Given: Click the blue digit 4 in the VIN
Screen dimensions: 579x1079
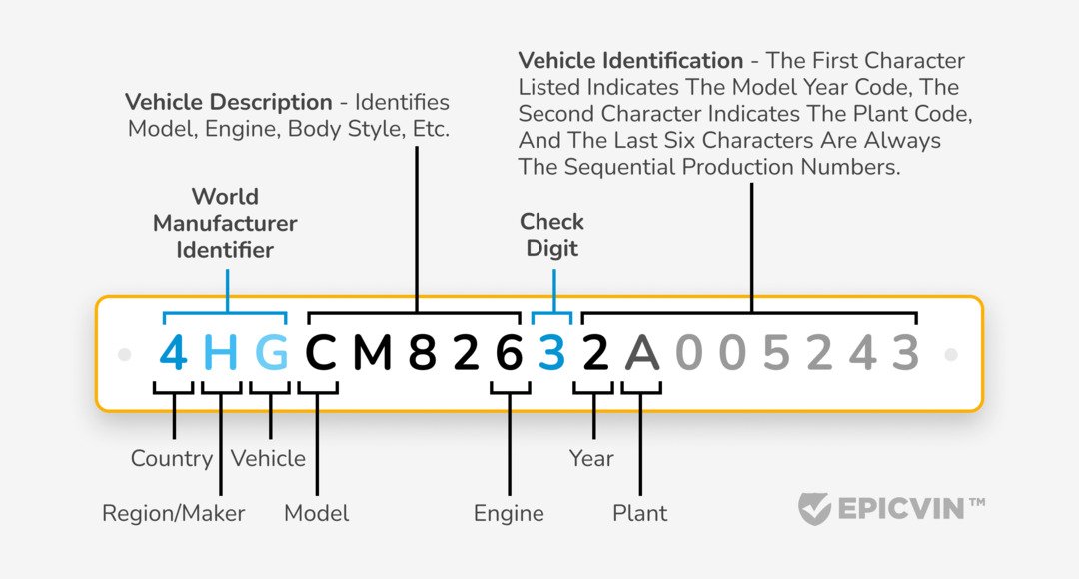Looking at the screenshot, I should coord(174,354).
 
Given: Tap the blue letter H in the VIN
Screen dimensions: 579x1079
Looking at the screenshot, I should coord(221,354).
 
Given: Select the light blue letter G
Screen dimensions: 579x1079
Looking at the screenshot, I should coord(270,354).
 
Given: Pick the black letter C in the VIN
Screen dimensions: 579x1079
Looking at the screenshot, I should coord(321,354).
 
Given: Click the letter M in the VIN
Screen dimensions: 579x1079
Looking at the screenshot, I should coord(372,354).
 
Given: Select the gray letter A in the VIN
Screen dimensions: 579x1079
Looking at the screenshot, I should coord(641,354).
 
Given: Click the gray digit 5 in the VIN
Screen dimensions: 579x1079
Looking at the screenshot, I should coord(775,354).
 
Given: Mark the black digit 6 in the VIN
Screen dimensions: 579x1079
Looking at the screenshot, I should coord(509,354).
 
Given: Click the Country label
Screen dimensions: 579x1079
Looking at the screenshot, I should coord(172,459).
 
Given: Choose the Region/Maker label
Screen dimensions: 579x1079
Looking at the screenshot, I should coord(174,514).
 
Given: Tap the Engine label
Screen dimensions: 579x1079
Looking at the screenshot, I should coord(509,514).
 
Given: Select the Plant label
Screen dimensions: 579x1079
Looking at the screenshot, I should coord(639,514).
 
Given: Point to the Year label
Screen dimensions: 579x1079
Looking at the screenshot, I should coord(591,459).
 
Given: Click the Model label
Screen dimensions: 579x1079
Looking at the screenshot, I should coord(317,514).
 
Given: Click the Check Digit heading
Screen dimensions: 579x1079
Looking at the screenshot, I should coord(551,235).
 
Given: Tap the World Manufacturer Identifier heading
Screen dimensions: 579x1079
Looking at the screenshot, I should coord(225,223).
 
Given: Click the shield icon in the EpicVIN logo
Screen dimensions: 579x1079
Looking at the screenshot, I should coord(815,508).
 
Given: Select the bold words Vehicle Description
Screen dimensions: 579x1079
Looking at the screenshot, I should coord(229,103).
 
